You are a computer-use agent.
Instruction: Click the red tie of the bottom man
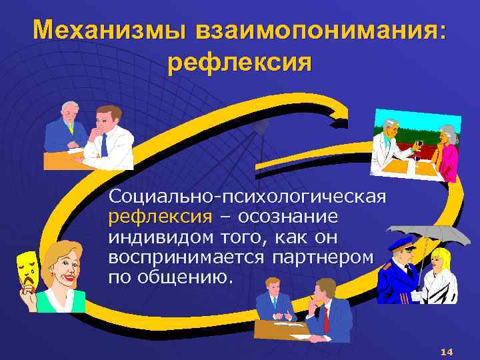(x=327, y=320)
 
